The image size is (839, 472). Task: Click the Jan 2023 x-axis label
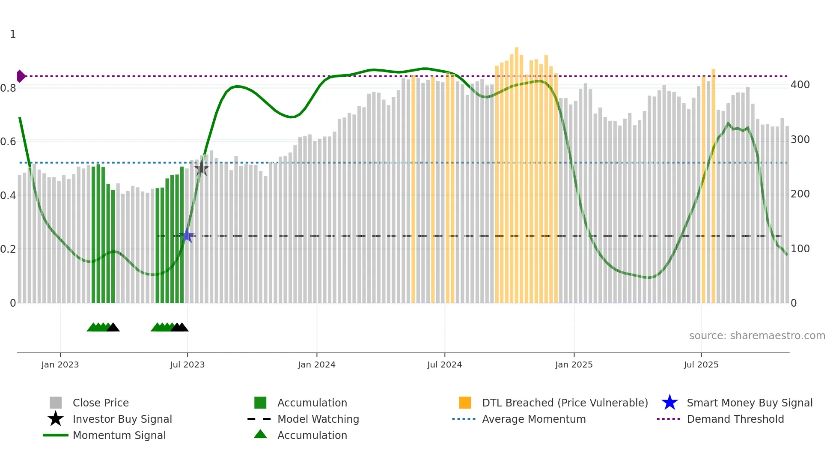pos(60,365)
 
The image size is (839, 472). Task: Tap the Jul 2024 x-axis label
pos(444,365)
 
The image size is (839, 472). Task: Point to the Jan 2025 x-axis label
pos(574,365)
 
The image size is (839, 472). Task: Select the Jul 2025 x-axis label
pos(701,365)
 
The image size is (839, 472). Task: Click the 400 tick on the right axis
pos(800,85)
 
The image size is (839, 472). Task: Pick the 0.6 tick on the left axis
pos(8,142)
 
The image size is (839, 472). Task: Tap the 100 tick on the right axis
pos(800,249)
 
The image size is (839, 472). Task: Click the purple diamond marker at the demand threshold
pos(21,76)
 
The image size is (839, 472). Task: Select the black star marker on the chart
pos(201,168)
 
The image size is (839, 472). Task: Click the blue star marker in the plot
pos(187,236)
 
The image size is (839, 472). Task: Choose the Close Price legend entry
pos(101,403)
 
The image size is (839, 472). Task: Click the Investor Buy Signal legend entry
pos(122,419)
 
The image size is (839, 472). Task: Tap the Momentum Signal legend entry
pos(119,436)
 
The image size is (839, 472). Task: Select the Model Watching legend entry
pos(318,419)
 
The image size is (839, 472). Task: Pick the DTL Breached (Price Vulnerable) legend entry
pos(565,403)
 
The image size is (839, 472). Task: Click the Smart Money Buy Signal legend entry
pos(749,403)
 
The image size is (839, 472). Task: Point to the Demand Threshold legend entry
pos(735,419)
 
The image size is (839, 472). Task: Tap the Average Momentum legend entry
pos(533,419)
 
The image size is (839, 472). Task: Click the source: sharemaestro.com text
pos(757,336)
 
